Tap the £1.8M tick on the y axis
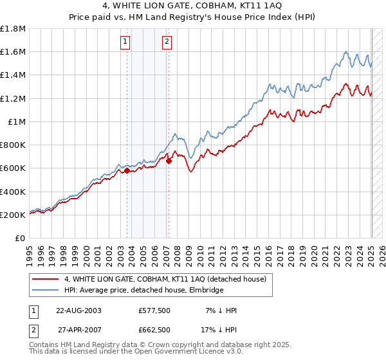coord(13,29)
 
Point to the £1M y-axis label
coord(17,122)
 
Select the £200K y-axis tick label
coord(13,215)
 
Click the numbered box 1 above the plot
coord(125,42)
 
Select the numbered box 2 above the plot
coord(167,42)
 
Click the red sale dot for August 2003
coord(127,171)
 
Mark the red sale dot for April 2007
coord(169,161)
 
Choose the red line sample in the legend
coord(45,279)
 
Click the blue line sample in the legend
coord(45,290)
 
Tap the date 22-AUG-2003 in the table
coord(79,310)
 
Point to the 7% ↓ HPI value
coord(221,310)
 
